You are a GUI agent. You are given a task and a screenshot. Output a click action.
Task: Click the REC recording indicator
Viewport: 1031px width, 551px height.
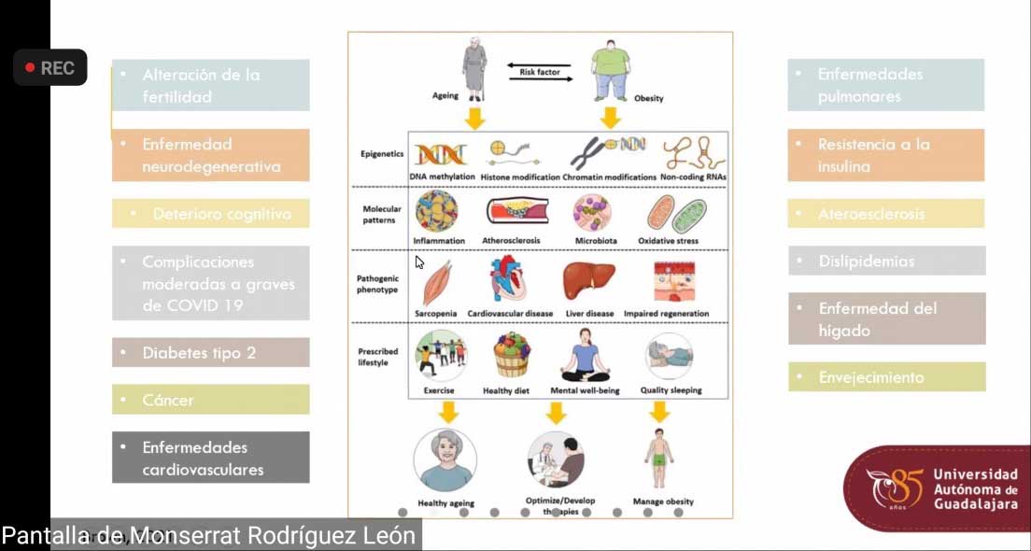click(50, 68)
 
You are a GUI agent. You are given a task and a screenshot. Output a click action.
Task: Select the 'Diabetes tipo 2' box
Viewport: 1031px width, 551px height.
click(210, 353)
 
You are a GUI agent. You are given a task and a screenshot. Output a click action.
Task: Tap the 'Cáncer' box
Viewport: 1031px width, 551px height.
click(210, 400)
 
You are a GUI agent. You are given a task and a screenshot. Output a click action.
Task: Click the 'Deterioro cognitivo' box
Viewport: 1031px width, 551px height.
click(210, 214)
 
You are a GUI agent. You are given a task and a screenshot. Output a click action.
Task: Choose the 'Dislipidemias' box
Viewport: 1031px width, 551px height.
click(886, 261)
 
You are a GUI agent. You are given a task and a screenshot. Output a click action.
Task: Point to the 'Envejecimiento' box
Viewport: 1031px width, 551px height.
click(886, 377)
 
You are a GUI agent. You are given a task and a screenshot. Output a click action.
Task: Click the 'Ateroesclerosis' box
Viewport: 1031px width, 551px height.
click(886, 214)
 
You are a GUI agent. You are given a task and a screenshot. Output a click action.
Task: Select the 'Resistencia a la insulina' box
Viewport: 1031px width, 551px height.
click(886, 155)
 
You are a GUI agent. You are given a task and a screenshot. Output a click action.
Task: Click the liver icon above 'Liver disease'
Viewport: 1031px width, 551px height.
click(589, 280)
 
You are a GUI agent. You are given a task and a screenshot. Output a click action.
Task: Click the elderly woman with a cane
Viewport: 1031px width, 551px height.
click(474, 71)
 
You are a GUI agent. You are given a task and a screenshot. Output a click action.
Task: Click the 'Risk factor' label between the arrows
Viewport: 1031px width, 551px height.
click(540, 72)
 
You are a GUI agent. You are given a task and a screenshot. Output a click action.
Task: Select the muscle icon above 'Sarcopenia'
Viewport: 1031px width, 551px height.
click(437, 282)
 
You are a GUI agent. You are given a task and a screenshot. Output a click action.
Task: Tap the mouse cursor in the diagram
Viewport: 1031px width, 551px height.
click(419, 262)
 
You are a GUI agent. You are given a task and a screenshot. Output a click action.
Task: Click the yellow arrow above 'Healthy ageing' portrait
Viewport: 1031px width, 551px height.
click(449, 411)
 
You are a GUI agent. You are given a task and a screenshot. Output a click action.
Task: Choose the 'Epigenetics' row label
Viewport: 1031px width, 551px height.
click(381, 153)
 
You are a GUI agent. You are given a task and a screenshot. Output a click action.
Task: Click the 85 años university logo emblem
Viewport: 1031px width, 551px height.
click(894, 488)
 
